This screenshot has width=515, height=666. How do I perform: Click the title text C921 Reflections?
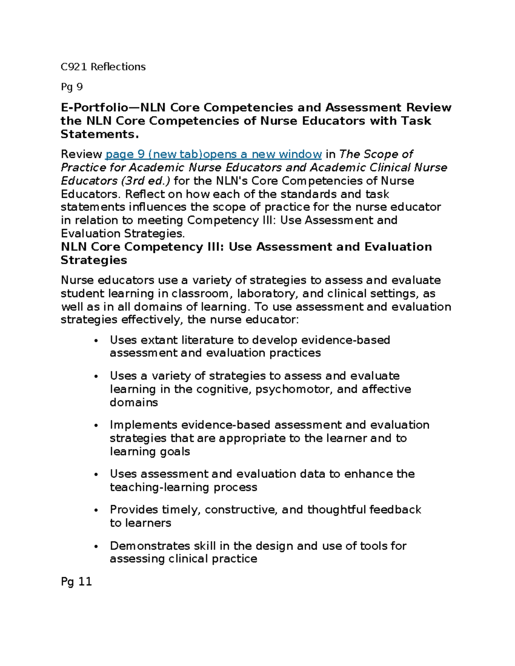(x=103, y=67)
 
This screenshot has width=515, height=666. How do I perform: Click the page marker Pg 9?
(x=72, y=87)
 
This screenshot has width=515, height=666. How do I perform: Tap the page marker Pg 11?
(x=76, y=582)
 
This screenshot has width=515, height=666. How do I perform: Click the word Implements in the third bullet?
(x=143, y=425)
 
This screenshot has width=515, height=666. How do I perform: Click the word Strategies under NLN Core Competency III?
(x=94, y=260)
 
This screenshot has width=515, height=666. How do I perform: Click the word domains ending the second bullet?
(x=133, y=403)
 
